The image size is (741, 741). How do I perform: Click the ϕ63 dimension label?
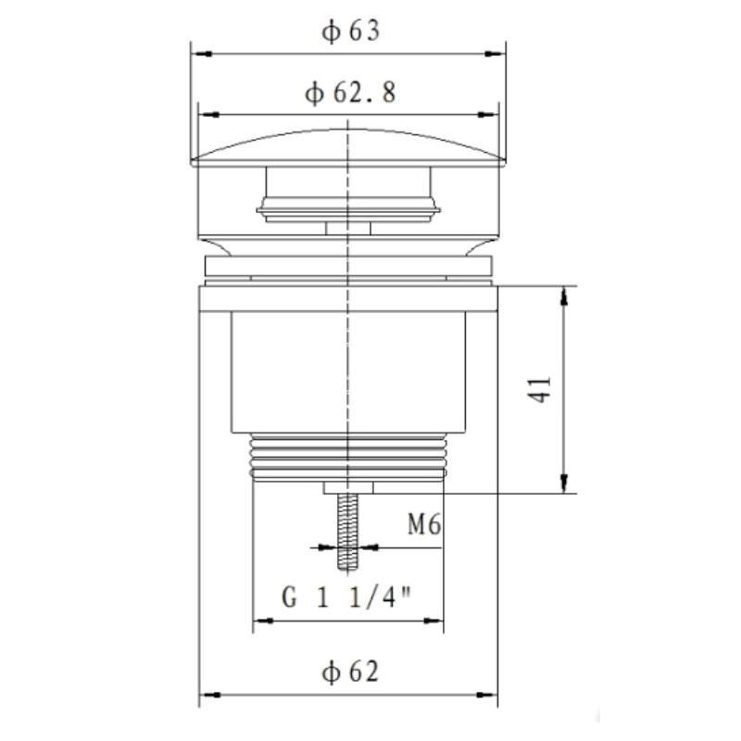coord(350,31)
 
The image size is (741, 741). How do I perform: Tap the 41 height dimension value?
coord(544,389)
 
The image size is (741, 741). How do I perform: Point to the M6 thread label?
coord(422,526)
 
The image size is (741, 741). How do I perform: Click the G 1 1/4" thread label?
coord(347,597)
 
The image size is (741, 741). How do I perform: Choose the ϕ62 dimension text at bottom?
coord(349,671)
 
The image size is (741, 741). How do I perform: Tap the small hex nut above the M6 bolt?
coord(348,488)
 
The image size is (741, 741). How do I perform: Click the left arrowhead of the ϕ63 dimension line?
coord(196,54)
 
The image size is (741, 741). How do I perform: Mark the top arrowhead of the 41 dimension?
coord(562,294)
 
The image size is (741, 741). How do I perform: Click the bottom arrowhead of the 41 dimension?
coord(562,485)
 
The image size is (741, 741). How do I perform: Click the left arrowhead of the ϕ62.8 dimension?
coord(209,116)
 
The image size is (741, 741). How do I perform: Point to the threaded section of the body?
coord(348,458)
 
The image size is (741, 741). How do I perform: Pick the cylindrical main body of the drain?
coord(348,370)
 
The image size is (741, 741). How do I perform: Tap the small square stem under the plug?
coord(348,227)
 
